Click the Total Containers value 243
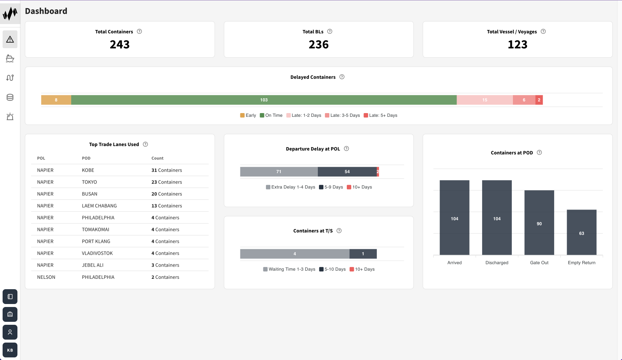119,44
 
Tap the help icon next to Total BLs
330,32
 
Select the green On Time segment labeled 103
264,100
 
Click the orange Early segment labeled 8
56,100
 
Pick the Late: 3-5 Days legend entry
342,115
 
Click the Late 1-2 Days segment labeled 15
484,100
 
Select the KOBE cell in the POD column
88,170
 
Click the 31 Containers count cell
167,170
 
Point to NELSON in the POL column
46,277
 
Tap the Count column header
157,158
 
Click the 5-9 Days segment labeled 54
347,172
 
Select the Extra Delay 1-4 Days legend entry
290,187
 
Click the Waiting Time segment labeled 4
294,254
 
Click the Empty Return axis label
581,263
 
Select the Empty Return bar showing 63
581,232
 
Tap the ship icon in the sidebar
10,59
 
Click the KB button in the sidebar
10,350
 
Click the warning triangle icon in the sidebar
10,39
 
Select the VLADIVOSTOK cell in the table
97,253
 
